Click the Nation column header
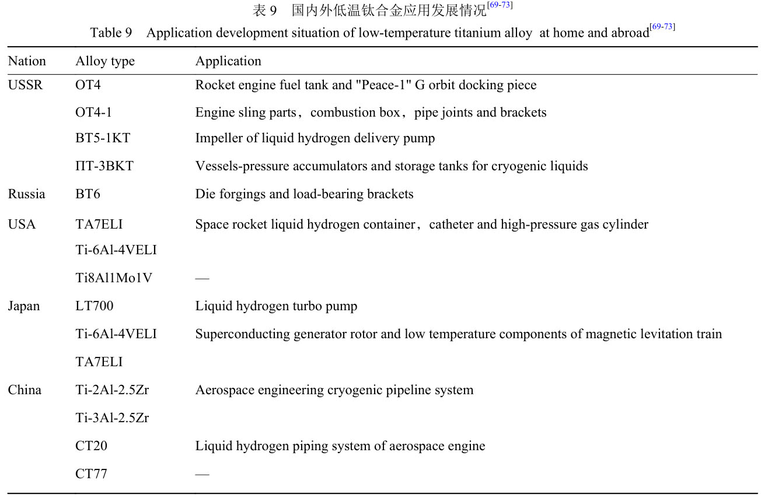(x=27, y=61)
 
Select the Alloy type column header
(x=105, y=61)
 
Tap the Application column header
(x=228, y=61)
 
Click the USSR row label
(x=26, y=85)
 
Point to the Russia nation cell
(x=26, y=194)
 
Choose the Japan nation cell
(x=24, y=306)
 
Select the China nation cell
(x=25, y=390)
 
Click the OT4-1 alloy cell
(x=93, y=113)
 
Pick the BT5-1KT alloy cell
(x=103, y=139)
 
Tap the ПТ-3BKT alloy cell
(x=104, y=166)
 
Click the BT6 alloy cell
(x=88, y=194)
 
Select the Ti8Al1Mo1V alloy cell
(x=114, y=278)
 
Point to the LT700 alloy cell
(x=95, y=306)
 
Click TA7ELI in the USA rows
(x=99, y=225)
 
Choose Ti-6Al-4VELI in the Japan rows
(x=116, y=334)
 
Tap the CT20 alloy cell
(x=91, y=446)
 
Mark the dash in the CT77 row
(x=202, y=474)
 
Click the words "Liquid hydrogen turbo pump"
(x=276, y=306)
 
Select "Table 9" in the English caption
(x=111, y=33)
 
